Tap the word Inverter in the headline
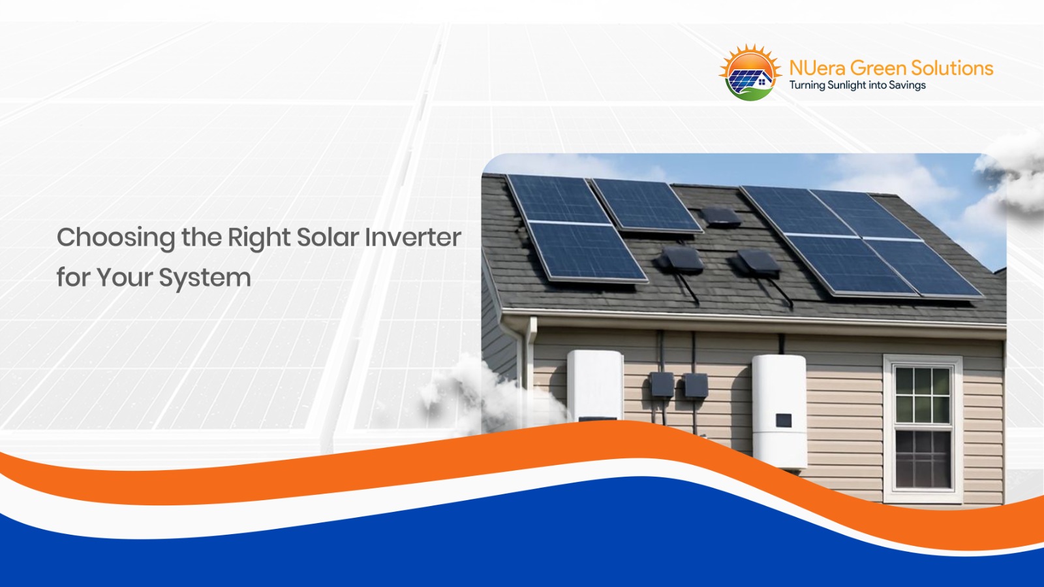tap(412, 238)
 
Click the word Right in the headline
tap(259, 238)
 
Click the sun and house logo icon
tap(750, 73)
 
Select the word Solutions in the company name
tap(952, 68)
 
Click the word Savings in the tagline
tap(907, 86)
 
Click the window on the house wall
tap(923, 428)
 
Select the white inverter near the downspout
tap(594, 385)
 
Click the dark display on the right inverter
tap(783, 420)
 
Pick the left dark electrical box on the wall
tap(662, 385)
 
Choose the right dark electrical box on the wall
tap(696, 386)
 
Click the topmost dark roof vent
tap(720, 216)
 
